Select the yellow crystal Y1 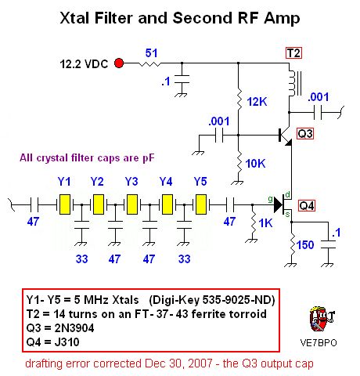point(66,205)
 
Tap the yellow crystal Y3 point(133,205)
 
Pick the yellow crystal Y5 point(201,205)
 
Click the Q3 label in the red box point(306,133)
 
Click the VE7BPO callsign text point(317,343)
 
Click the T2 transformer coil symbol point(294,83)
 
